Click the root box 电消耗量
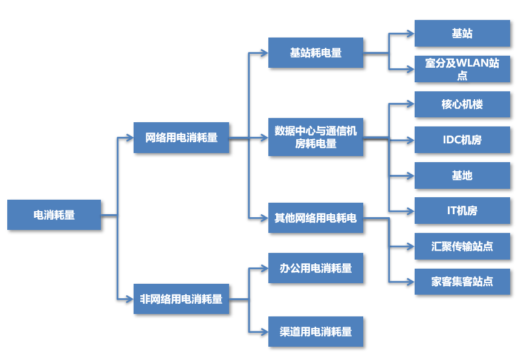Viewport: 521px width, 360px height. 54,215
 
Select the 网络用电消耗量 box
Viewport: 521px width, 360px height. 181,137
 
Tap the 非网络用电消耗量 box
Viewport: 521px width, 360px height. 181,299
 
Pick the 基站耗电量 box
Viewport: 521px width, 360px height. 316,53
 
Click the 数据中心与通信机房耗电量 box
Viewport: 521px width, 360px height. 316,137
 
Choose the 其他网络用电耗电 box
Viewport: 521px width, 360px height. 316,218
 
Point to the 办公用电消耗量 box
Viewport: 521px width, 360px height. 316,268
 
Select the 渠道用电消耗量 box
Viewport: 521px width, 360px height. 316,332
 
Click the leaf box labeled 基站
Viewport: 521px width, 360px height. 462,33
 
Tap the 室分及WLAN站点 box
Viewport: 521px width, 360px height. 462,69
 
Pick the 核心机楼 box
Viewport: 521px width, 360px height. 462,104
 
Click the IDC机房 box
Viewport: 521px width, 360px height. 462,140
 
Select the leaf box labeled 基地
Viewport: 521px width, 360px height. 462,175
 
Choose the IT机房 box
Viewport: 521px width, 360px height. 462,211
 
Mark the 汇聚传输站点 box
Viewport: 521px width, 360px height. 462,246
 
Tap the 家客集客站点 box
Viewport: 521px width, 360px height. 462,281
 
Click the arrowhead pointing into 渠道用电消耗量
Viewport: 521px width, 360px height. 264,332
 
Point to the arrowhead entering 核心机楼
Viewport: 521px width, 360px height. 410,104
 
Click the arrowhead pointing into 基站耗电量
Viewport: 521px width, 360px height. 264,53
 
